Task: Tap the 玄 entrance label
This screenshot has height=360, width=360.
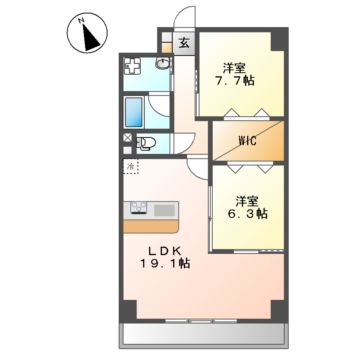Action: coord(185,43)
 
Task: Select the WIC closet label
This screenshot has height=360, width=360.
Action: coord(248,140)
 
